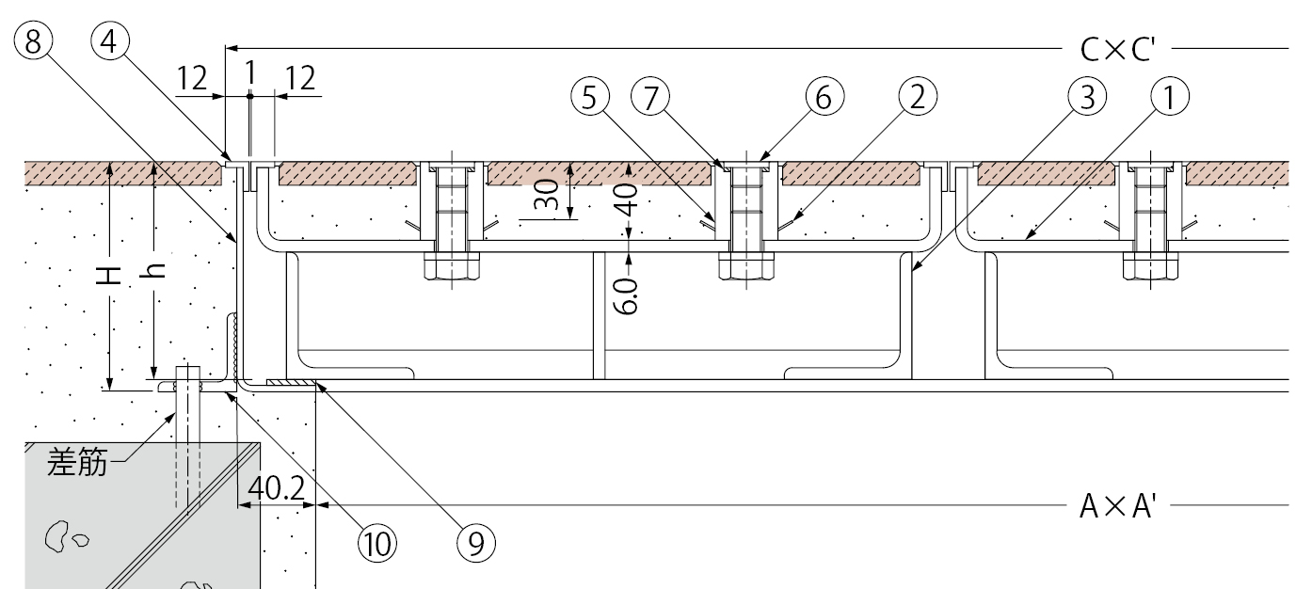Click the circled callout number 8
[x=33, y=41]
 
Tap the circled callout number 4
[x=110, y=41]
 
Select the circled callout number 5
[x=590, y=97]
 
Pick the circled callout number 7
[x=650, y=97]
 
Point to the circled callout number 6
[x=824, y=97]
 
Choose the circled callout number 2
[x=918, y=97]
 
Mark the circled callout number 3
[x=1087, y=97]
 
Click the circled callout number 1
[x=1170, y=97]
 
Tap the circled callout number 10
[x=377, y=544]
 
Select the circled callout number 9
[x=475, y=544]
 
